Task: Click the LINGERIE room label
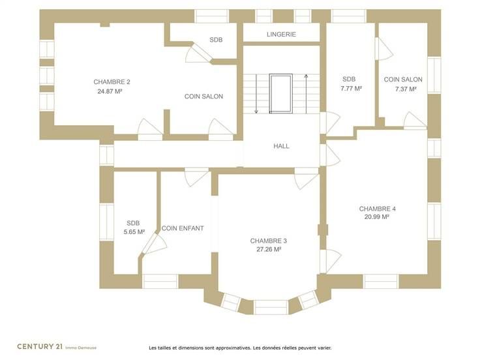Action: coord(281,35)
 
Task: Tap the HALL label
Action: coord(281,146)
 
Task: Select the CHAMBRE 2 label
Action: coord(112,82)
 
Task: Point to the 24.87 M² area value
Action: coord(110,91)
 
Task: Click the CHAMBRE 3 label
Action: coord(269,241)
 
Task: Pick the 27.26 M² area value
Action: coord(269,249)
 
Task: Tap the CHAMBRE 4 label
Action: coord(377,209)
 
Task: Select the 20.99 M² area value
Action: coord(376,217)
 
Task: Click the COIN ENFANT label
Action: coord(183,228)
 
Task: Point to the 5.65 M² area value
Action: coord(134,232)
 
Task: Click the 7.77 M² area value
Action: coord(351,89)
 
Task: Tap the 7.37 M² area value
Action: coord(406,89)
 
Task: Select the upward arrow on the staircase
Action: coord(306,93)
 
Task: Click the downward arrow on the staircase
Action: coord(256,94)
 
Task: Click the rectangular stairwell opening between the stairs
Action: coord(280,93)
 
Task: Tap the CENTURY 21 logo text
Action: coord(40,346)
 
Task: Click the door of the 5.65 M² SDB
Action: coord(155,244)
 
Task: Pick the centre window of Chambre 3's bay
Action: coord(271,307)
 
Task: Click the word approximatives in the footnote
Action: coord(233,348)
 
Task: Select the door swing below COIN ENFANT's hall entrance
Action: coord(196,177)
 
